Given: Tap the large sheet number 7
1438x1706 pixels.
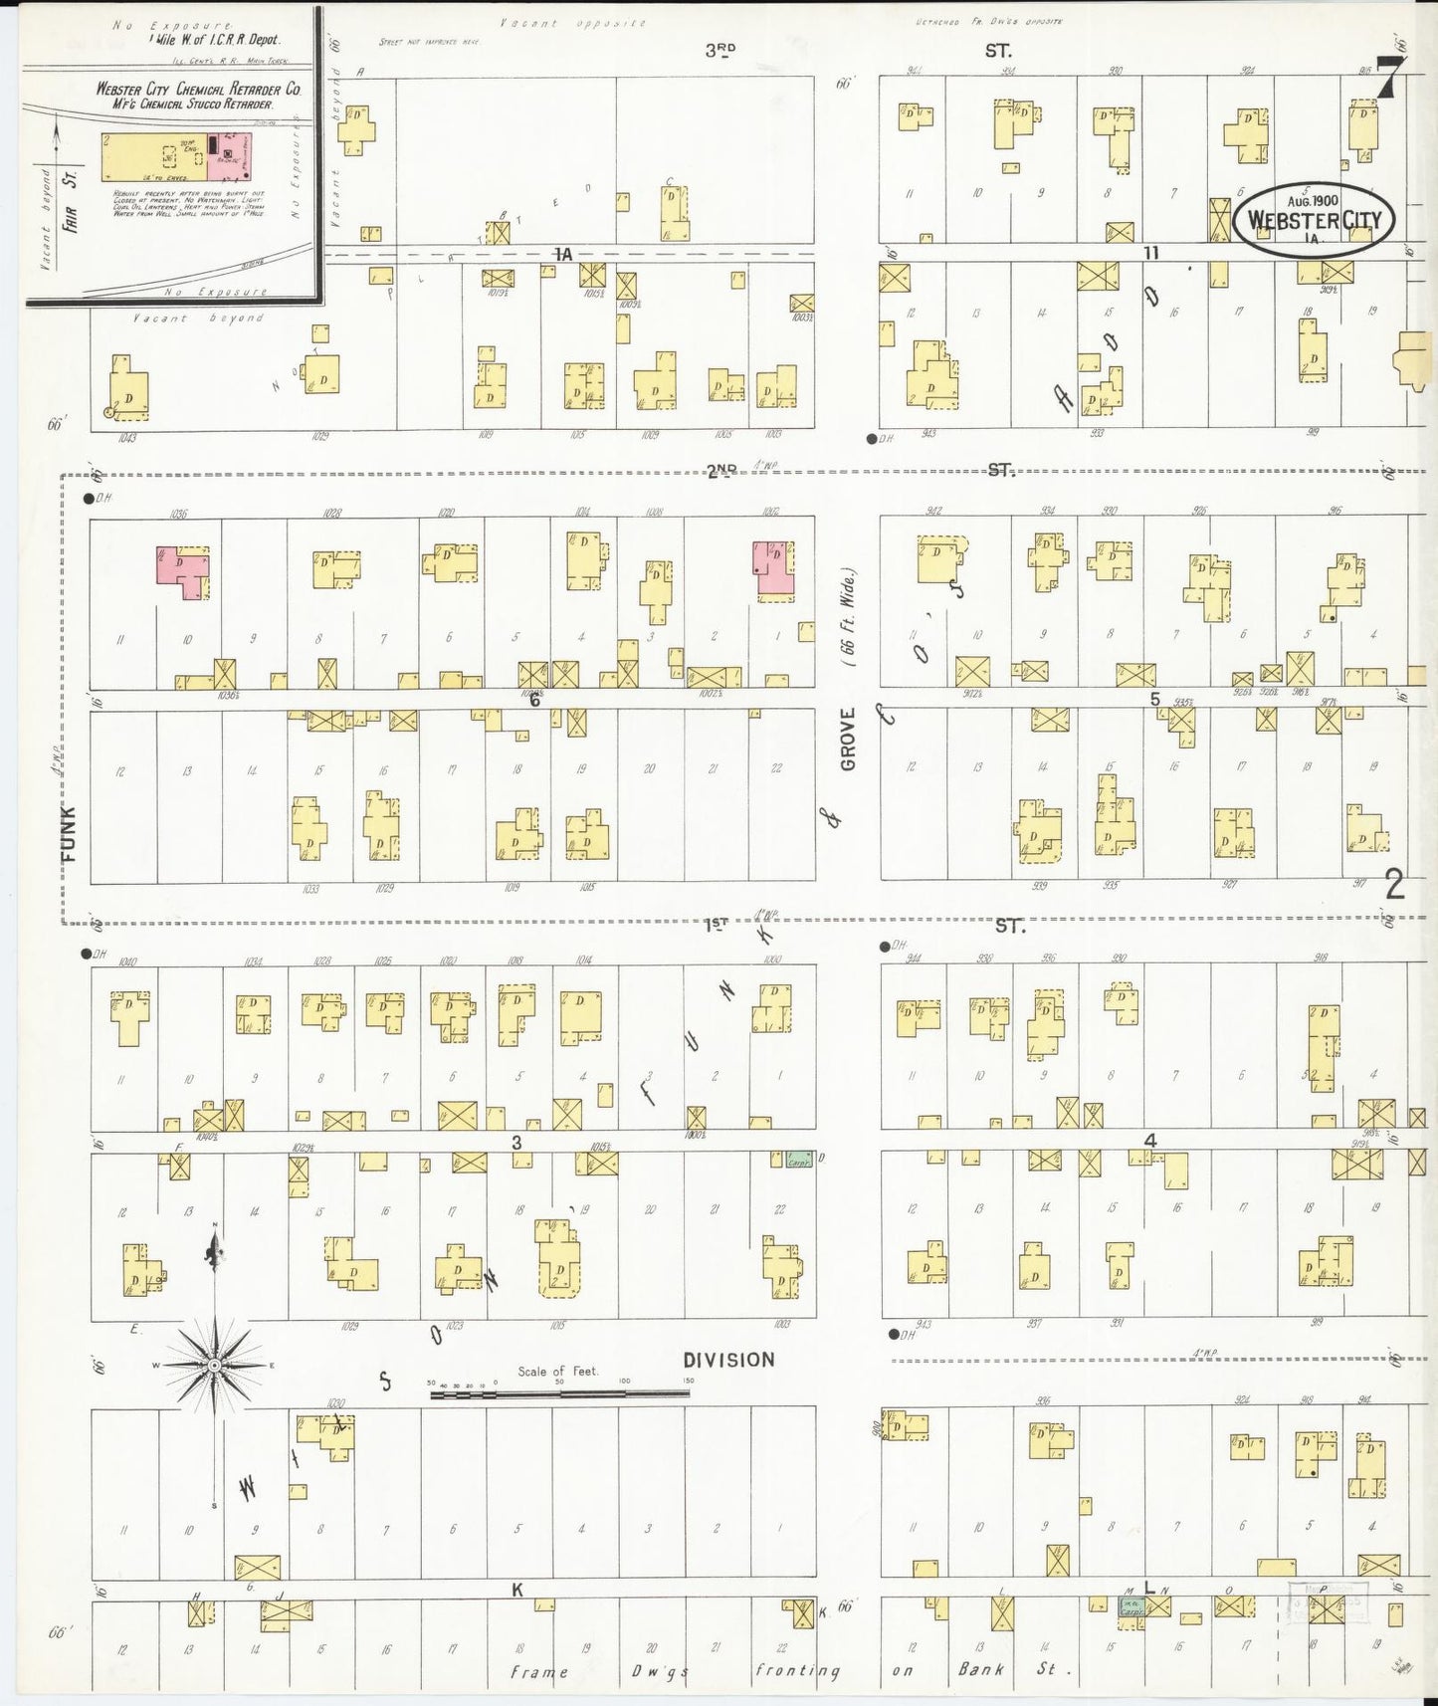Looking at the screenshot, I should (x=1390, y=79).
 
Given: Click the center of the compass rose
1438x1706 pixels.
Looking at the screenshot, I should (x=213, y=1365).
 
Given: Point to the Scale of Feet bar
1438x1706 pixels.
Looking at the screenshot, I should (x=559, y=1394).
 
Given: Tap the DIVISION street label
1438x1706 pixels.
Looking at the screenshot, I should (x=728, y=1360).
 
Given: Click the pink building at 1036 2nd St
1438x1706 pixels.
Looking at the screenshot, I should (x=181, y=571).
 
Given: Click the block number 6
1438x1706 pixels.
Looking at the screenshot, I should (x=534, y=700).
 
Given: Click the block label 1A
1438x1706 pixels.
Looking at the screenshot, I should (x=564, y=255).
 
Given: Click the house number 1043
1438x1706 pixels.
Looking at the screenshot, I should (x=125, y=436).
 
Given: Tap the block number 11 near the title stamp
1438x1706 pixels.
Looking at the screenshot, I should (x=1150, y=253).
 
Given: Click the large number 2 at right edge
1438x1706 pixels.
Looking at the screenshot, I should (x=1394, y=884).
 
